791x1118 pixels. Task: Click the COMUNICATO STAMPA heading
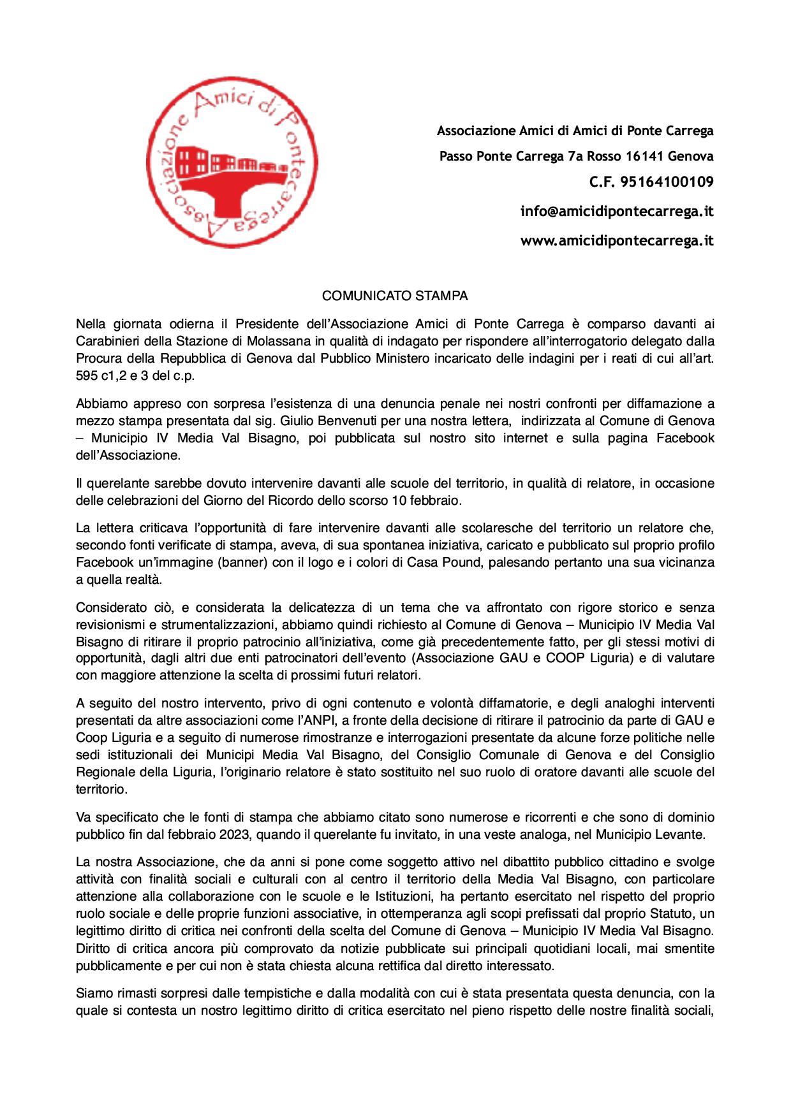[395, 296]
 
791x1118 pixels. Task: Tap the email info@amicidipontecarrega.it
[616, 211]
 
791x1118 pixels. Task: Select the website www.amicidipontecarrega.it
[616, 240]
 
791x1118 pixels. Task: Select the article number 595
[86, 375]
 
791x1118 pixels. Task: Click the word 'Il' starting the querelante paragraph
[80, 483]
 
